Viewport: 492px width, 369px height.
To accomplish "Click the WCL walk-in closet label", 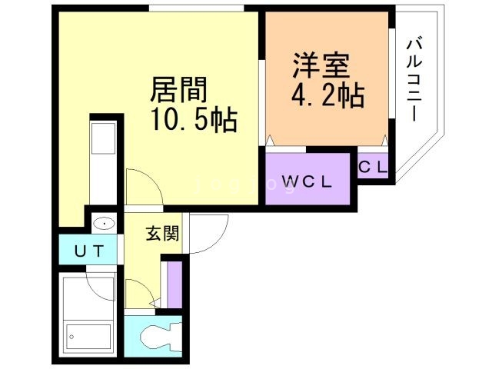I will click(x=306, y=182).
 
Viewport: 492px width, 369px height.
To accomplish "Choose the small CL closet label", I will click(x=374, y=166).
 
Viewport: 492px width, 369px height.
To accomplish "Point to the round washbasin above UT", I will click(x=103, y=224).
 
